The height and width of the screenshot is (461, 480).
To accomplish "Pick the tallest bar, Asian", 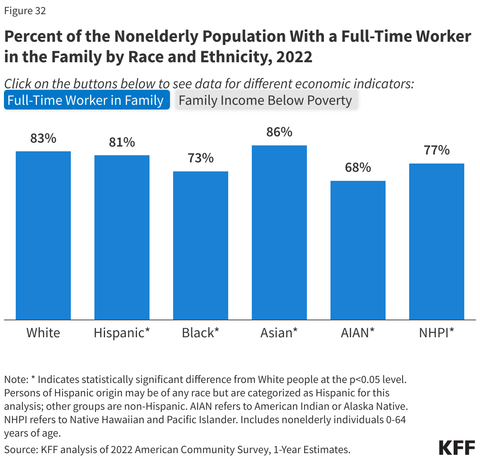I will click(x=279, y=232).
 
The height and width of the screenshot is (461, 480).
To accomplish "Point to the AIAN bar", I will click(x=358, y=250).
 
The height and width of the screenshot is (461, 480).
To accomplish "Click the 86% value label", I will click(x=279, y=132).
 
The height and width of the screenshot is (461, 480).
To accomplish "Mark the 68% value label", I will click(x=358, y=167).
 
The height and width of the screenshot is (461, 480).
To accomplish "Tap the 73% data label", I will click(x=201, y=158).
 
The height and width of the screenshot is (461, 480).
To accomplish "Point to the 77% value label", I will click(x=437, y=150).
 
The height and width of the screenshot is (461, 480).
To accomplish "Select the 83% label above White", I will click(x=43, y=138).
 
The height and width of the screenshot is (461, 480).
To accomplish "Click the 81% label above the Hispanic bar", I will click(x=122, y=142).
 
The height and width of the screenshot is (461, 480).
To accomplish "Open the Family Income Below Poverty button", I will click(x=266, y=100).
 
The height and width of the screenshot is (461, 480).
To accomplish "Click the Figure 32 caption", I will click(x=25, y=11).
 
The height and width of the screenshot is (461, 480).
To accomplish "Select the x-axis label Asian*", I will click(x=279, y=333).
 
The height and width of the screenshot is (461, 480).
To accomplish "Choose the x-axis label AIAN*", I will click(x=358, y=333).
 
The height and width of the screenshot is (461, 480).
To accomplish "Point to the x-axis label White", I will click(x=43, y=333).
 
